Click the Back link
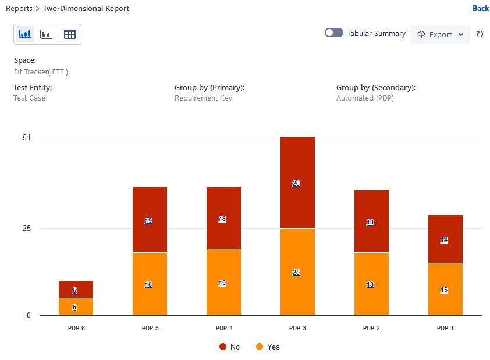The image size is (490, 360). coord(481,8)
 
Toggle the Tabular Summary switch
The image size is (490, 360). coord(334,33)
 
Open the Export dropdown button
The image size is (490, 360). coord(440,34)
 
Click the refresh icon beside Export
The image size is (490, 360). coord(480,34)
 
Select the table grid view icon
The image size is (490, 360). coord(70,34)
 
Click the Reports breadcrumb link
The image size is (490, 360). coord(19,9)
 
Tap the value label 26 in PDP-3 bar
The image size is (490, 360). coord(296,183)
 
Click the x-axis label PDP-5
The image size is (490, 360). coord(150,328)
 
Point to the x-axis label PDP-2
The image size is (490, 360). coord(371,328)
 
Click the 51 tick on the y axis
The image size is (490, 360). coord(27,137)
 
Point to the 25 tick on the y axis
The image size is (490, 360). coord(27,228)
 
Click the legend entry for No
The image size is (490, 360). coord(230,347)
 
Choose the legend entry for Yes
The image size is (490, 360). coord(268,347)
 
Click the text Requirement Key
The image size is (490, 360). coord(203,98)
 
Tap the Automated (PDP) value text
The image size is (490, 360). coord(365,98)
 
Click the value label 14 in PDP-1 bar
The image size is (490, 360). coord(444,240)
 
